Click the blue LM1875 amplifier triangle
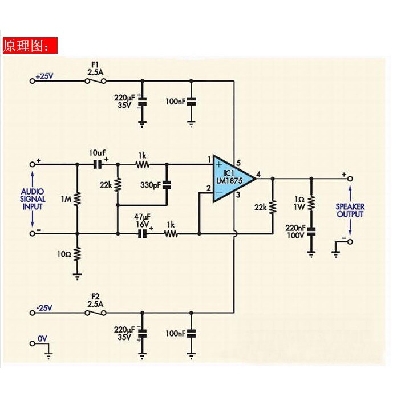coord(230,179)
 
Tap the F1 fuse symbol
coord(95,81)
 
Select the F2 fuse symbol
coord(95,313)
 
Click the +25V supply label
coord(44,76)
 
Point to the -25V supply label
coord(44,308)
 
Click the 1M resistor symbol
coord(77,198)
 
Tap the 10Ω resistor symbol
coord(77,254)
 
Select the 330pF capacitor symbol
coord(167,185)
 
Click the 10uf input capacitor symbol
coord(98,165)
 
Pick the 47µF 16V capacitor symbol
coord(143,233)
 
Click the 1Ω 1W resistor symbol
coord(311,202)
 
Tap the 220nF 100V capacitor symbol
coord(311,232)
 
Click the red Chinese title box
coord(30,45)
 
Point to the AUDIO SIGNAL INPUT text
coord(33,199)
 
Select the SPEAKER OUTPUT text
coord(350,210)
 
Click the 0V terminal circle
coord(32,343)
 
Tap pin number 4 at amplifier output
coord(258,174)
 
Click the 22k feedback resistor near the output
coord(273,207)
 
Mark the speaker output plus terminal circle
coord(350,179)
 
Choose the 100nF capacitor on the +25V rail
coord(191,102)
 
